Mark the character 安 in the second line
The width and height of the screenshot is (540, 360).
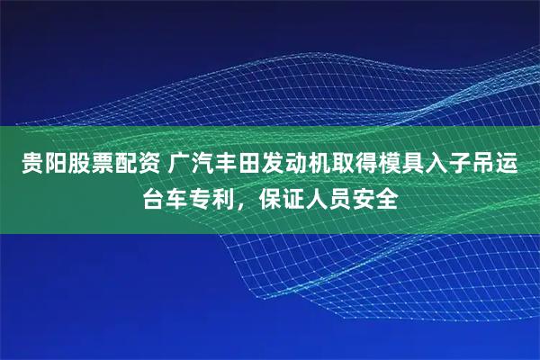[x=370, y=198]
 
